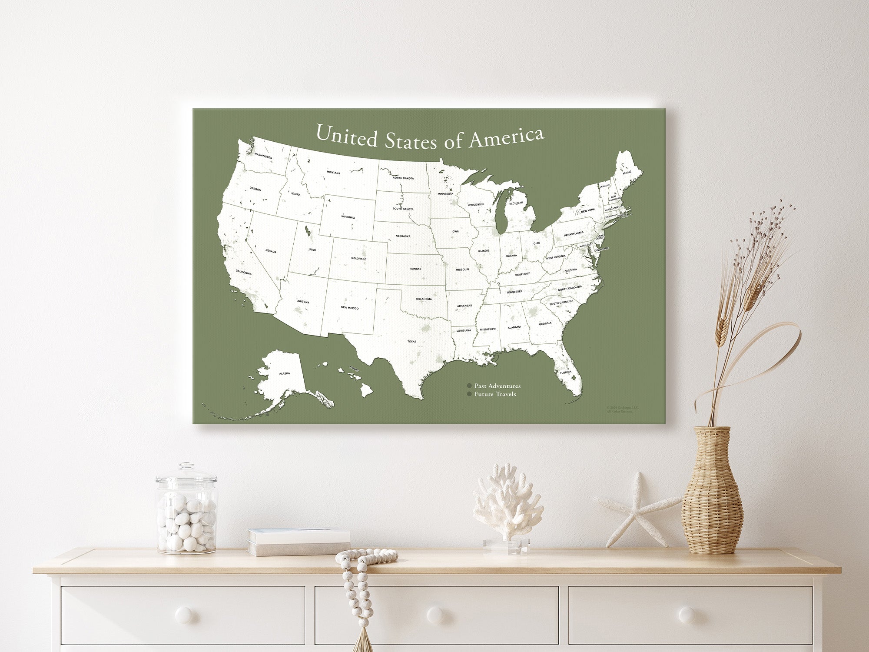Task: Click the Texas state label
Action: tap(411, 342)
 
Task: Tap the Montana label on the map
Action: tap(333, 173)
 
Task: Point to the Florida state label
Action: tap(565, 373)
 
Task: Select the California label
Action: tap(243, 273)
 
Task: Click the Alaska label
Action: tap(284, 373)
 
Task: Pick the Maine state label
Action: tap(627, 173)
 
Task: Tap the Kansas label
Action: tap(415, 269)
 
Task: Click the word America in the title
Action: tap(506, 138)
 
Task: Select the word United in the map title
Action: tap(346, 136)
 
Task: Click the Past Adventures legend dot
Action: tap(469, 386)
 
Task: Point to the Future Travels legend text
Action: tap(495, 394)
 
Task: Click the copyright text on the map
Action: tap(622, 409)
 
